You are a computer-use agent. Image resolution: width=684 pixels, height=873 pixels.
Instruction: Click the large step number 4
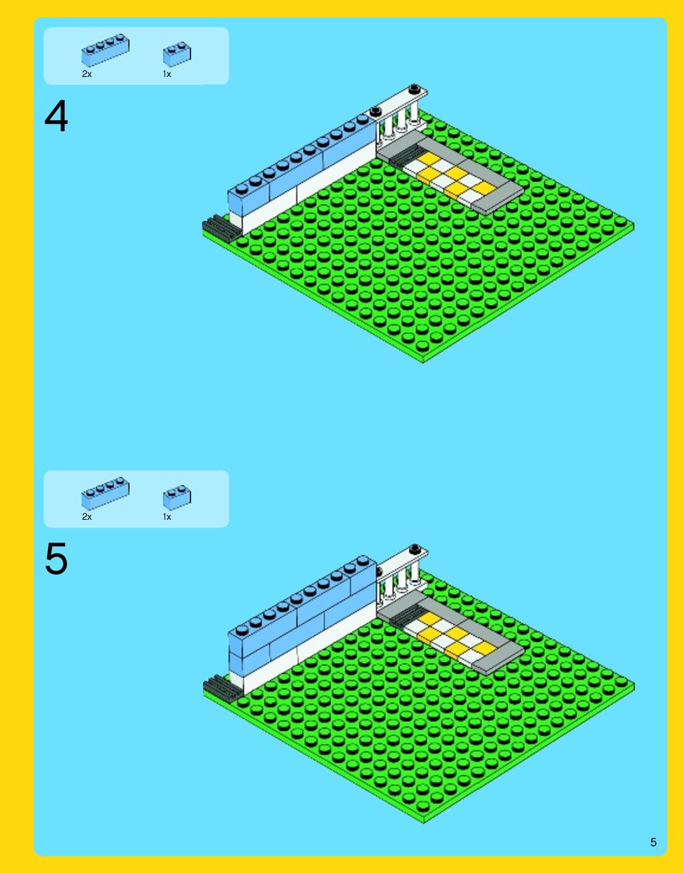[x=56, y=116]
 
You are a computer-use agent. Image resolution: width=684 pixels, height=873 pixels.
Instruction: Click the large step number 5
[x=56, y=559]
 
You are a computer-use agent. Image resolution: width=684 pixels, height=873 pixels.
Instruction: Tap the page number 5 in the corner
[x=653, y=842]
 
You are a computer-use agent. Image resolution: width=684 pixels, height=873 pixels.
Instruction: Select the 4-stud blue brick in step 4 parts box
[x=105, y=50]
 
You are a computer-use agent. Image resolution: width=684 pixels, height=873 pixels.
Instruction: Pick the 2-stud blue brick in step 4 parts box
[x=177, y=54]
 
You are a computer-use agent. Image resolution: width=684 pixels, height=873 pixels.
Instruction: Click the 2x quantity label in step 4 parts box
[x=87, y=74]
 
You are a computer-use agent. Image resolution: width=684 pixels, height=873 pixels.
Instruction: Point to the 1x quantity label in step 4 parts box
[x=167, y=74]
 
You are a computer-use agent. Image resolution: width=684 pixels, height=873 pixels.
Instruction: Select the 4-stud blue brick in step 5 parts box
[x=105, y=494]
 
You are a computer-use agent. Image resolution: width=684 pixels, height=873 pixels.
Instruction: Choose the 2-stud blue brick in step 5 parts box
[x=177, y=498]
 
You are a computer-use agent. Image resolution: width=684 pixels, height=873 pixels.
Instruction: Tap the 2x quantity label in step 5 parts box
[x=87, y=516]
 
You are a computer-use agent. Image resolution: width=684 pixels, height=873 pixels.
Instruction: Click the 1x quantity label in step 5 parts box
[x=167, y=516]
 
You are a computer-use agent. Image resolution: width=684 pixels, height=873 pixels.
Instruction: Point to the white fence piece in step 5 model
[x=402, y=576]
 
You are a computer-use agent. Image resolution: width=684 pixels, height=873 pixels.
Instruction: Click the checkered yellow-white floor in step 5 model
[x=450, y=639]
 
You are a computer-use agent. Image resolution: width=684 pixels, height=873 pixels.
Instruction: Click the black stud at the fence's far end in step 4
[x=415, y=88]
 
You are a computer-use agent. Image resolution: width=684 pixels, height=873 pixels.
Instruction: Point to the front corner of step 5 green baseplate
[x=423, y=823]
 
